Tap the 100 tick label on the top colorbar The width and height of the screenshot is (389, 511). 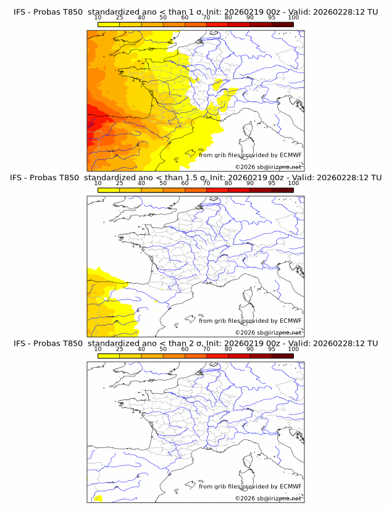point(293,18)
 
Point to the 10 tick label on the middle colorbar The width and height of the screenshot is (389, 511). point(98,183)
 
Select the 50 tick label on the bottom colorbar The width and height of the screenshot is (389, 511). point(163,349)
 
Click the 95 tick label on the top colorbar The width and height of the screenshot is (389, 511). point(272,18)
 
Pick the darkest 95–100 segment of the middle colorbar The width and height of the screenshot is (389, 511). point(282,190)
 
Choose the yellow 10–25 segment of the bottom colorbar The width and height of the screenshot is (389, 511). point(109,355)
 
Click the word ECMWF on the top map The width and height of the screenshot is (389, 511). point(290,155)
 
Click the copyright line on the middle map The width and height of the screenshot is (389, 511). point(268,333)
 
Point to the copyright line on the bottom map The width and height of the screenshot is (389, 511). point(268,498)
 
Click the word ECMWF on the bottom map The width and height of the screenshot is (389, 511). point(290,486)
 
